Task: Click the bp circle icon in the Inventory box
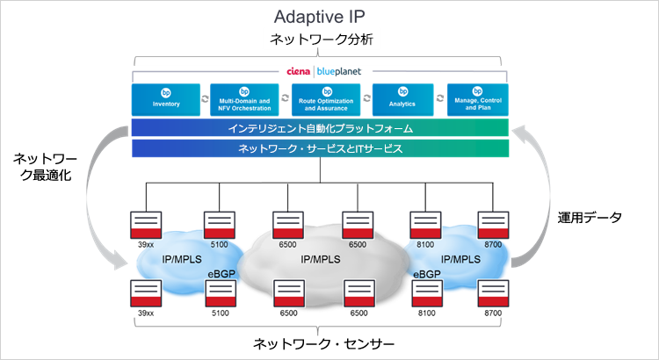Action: tap(165, 91)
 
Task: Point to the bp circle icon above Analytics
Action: tap(406, 91)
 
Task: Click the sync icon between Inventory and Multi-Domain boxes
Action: tap(205, 99)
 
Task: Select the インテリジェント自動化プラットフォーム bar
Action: tap(320, 128)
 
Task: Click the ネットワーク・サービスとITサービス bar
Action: tap(320, 148)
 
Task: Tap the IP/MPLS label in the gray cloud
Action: tap(320, 260)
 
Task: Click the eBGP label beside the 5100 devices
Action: tap(222, 275)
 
